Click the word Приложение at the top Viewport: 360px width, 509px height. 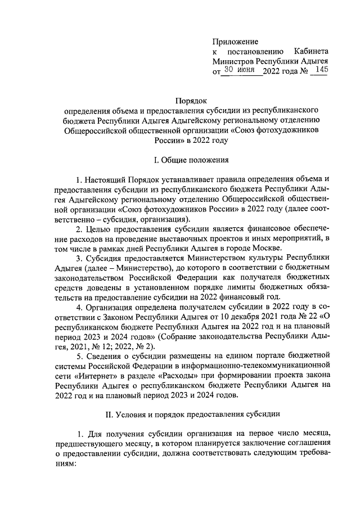235,42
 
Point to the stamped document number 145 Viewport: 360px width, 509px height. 318,70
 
